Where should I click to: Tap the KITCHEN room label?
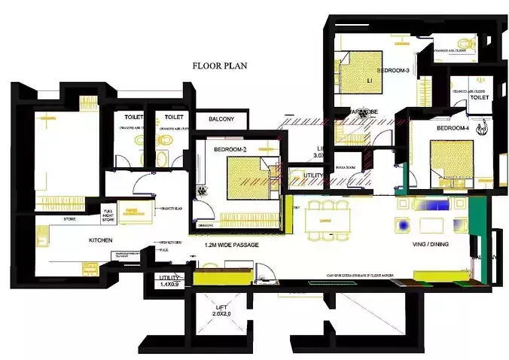point(100,240)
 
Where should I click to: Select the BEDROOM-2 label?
point(229,149)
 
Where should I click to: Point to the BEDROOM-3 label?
point(392,71)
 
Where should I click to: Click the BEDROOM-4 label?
point(453,128)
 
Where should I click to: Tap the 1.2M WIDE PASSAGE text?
point(232,246)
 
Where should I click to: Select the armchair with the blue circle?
point(405,224)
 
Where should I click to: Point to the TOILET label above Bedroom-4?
point(480,98)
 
